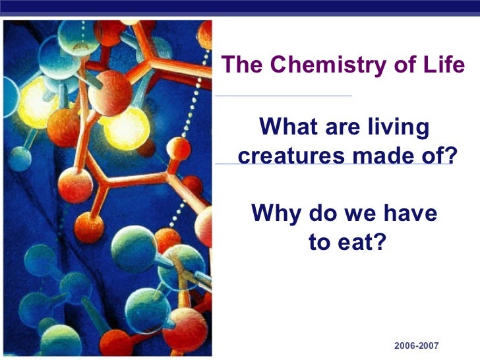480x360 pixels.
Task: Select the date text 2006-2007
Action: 416,346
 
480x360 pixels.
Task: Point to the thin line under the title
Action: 284,96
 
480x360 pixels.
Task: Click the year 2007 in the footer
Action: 428,346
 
